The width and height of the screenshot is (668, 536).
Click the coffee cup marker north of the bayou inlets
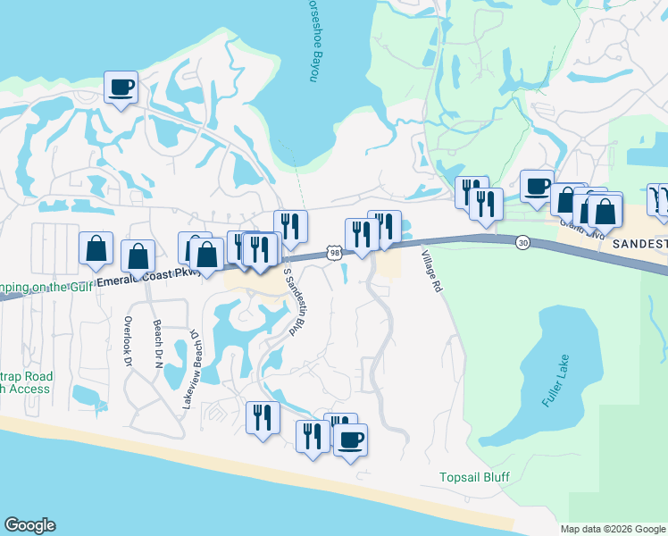121,88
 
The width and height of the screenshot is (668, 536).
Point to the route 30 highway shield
522,242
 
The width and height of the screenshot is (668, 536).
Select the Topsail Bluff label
474,477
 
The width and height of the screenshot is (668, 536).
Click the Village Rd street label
435,282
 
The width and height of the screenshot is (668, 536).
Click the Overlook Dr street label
128,343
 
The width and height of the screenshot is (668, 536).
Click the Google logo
29,525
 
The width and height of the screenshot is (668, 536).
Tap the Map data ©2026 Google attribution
613,529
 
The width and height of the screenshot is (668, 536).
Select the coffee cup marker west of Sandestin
537,187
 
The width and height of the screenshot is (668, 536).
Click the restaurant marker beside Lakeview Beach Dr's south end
263,418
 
